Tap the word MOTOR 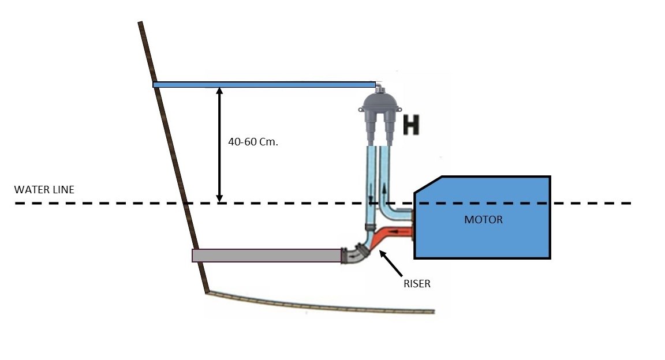coord(483,220)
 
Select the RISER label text coord(417,284)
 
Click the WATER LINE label coord(44,190)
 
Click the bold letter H coord(410,125)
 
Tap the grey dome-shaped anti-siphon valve coord(379,106)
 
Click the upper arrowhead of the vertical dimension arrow coord(219,91)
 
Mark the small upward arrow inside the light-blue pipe coord(383,188)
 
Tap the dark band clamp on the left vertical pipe coord(370,224)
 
